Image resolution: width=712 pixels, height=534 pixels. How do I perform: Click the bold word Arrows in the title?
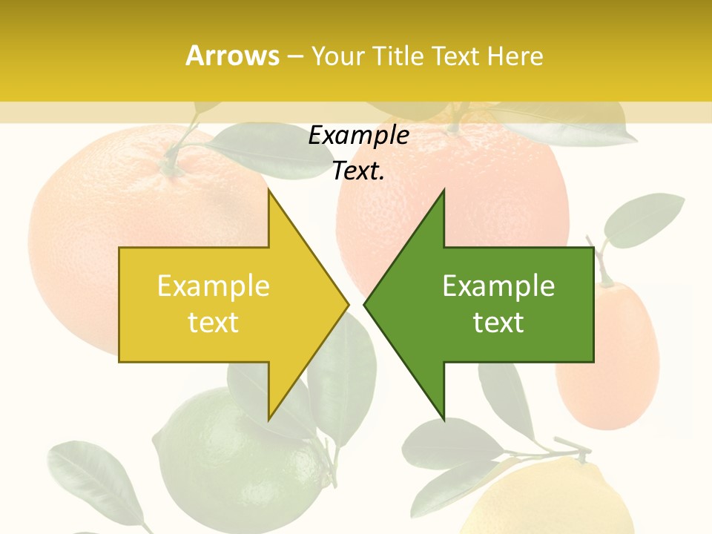pyautogui.click(x=232, y=56)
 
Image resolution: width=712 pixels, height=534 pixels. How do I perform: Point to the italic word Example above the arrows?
pyautogui.click(x=358, y=136)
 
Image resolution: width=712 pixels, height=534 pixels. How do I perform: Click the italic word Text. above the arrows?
pyautogui.click(x=358, y=171)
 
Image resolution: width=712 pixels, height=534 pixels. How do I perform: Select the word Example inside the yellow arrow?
pyautogui.click(x=214, y=286)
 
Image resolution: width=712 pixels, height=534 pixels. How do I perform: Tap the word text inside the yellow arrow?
pyautogui.click(x=214, y=323)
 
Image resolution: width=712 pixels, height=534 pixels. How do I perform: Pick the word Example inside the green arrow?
pyautogui.click(x=498, y=286)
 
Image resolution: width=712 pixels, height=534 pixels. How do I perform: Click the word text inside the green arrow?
pyautogui.click(x=498, y=323)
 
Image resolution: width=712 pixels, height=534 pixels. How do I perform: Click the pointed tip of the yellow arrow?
pyautogui.click(x=347, y=304)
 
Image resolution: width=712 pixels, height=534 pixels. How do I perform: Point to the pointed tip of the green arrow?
pyautogui.click(x=366, y=304)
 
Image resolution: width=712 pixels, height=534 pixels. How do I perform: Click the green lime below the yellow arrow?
pyautogui.click(x=237, y=460)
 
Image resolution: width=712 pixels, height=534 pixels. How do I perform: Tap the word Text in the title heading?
pyautogui.click(x=455, y=56)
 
